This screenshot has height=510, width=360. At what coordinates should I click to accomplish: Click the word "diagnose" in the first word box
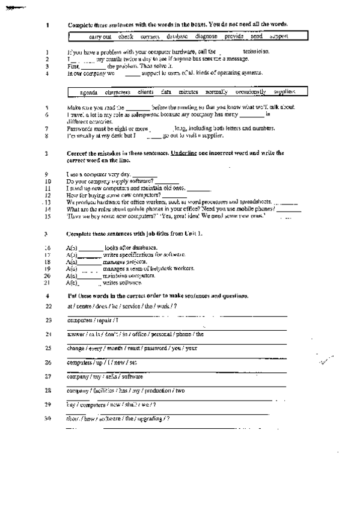click(207, 37)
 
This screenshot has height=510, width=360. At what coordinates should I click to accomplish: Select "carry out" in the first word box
click(100, 37)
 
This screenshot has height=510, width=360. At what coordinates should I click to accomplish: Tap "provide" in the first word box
click(234, 37)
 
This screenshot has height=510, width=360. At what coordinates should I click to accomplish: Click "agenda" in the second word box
click(89, 93)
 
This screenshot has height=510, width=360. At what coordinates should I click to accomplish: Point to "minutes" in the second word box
click(188, 92)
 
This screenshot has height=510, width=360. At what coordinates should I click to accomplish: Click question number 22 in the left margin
click(48, 306)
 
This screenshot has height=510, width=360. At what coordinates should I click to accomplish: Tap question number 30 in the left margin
click(48, 419)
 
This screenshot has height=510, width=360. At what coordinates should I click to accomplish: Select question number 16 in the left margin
click(48, 248)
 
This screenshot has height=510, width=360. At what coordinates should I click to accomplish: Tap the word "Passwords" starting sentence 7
click(79, 128)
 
